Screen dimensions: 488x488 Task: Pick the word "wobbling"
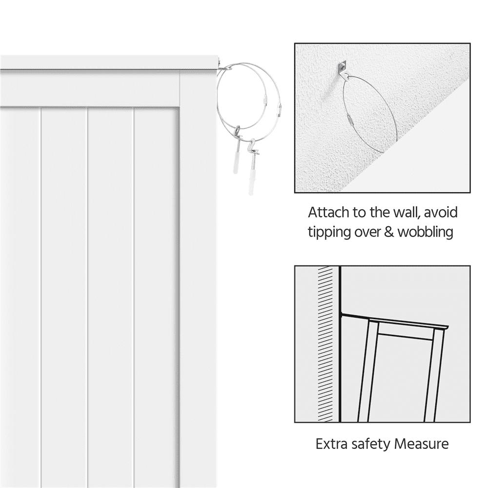[426, 232]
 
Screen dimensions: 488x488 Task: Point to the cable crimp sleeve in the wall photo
[350, 118]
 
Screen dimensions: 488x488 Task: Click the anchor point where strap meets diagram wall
[342, 315]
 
